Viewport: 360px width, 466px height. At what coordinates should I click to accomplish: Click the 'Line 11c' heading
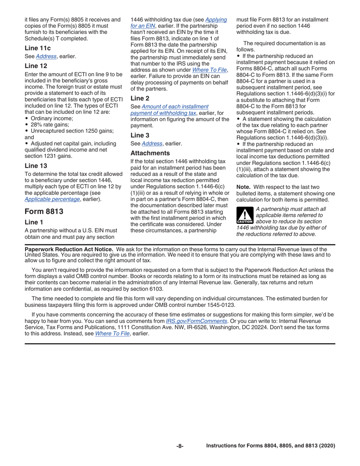[x=38, y=48]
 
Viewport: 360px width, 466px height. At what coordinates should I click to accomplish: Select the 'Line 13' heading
[x=36, y=165]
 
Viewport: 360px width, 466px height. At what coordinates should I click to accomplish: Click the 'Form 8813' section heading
[x=43, y=211]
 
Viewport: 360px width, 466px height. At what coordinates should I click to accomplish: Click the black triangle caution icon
[x=244, y=215]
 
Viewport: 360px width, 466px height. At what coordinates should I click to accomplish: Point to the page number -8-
[x=180, y=446]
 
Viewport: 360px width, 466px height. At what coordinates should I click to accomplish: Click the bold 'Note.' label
[x=244, y=187]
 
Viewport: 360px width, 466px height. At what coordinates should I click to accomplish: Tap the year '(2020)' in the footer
[x=326, y=446]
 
